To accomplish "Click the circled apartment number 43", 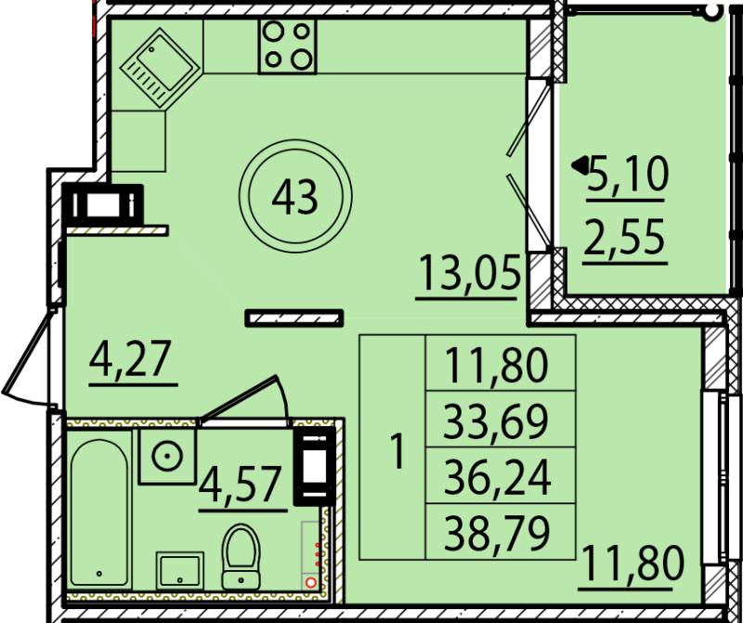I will pos(295,196).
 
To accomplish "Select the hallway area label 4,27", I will pos(132,357).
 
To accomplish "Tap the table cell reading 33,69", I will pos(500,422).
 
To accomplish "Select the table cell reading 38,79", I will pos(500,532).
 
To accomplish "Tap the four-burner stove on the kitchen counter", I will pos(287,45).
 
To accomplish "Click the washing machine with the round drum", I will pos(167,456).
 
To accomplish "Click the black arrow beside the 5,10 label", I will pos(580,166).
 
